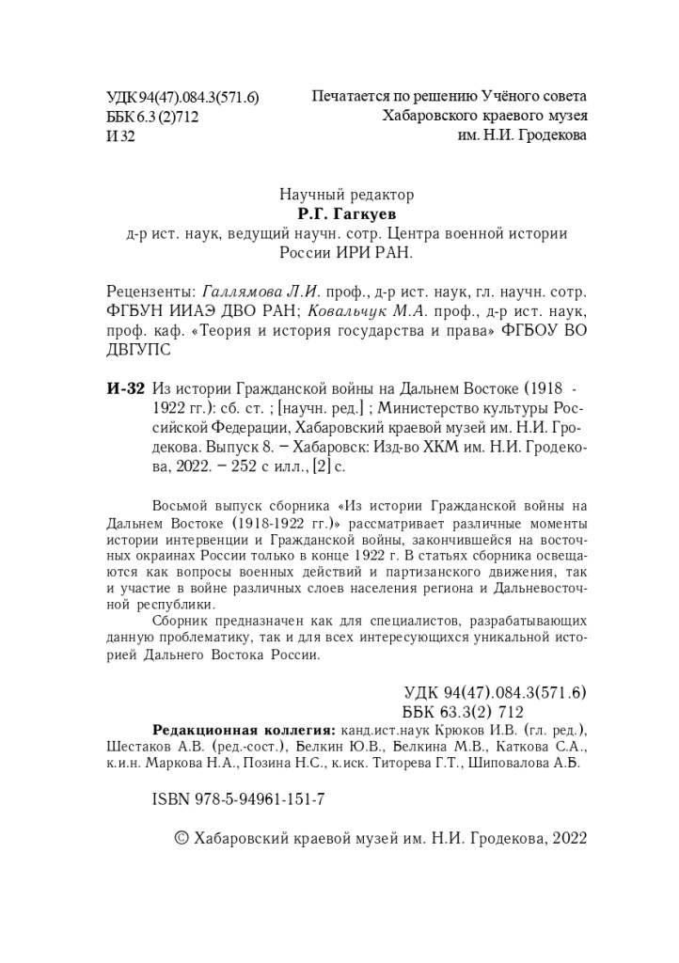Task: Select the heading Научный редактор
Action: point(347,195)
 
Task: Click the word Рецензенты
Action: point(146,291)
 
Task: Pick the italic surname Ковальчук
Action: point(342,310)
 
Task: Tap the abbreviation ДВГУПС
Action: point(131,349)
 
